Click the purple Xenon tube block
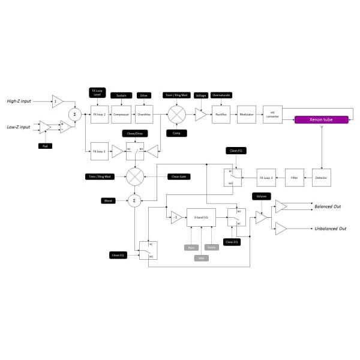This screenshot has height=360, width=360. tap(321, 119)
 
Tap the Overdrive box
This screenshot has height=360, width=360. tap(143, 113)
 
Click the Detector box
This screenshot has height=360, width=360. tap(322, 178)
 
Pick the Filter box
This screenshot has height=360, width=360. tap(294, 178)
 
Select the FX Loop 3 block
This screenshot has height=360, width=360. tap(266, 178)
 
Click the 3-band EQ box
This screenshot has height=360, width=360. tap(201, 218)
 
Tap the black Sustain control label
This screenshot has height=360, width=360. tap(120, 95)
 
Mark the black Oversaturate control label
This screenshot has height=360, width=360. tap(221, 95)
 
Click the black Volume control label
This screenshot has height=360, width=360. tap(261, 196)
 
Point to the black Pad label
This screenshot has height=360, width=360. tap(43, 146)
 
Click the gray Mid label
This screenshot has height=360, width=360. tap(201, 258)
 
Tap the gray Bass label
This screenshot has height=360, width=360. tap(189, 247)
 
